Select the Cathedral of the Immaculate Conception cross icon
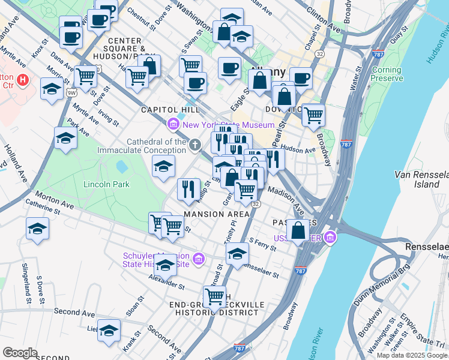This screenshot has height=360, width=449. (x=194, y=145)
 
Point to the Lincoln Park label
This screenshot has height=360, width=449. (x=107, y=184)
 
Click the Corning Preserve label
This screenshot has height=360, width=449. (x=386, y=74)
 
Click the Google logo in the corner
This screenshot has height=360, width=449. (x=20, y=353)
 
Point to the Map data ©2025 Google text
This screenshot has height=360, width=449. (x=412, y=355)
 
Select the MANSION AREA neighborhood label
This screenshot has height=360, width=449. (x=217, y=214)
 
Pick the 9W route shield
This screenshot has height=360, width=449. (x=71, y=92)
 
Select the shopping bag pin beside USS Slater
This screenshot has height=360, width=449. (x=298, y=230)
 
